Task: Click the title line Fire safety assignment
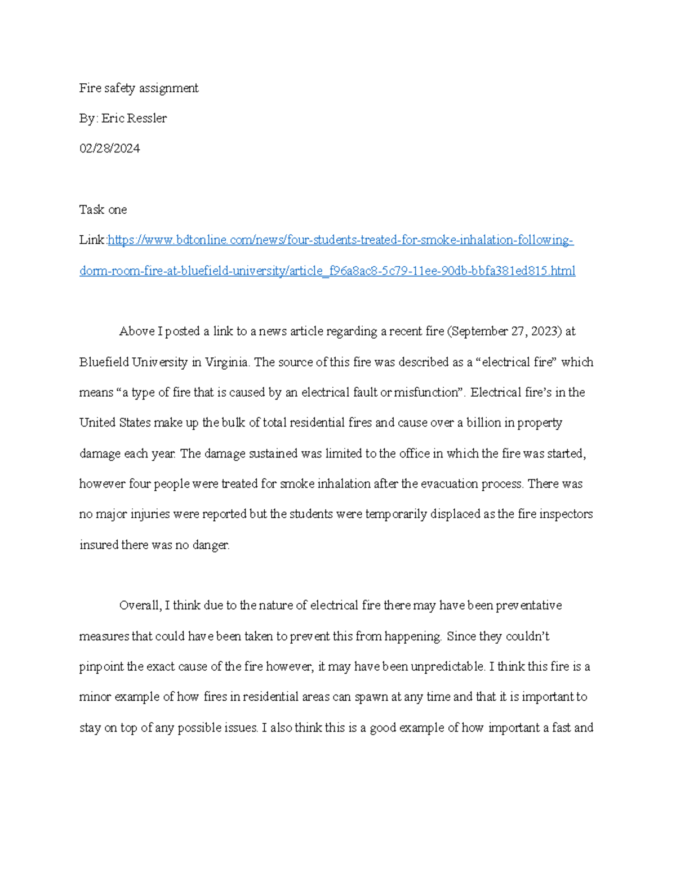pos(139,88)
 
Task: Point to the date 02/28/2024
pos(109,149)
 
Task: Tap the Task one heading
pos(103,210)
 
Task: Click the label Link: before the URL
pos(92,240)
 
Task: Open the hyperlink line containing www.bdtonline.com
pos(340,240)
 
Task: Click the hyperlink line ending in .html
pos(327,271)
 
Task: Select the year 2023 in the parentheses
pos(543,331)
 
